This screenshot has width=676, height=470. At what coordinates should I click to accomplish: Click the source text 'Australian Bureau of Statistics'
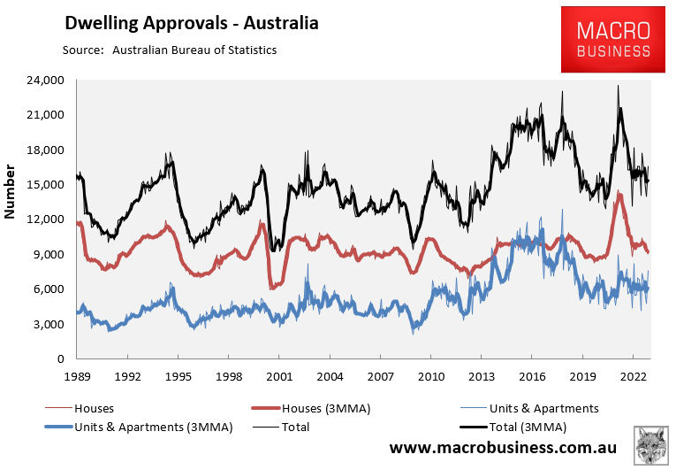click(x=194, y=50)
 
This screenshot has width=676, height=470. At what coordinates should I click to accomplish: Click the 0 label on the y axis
click(x=61, y=358)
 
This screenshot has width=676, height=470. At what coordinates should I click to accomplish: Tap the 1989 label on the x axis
click(x=77, y=374)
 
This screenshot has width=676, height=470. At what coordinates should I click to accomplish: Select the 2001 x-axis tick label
click(x=279, y=374)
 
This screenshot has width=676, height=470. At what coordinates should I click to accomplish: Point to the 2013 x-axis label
click(x=482, y=374)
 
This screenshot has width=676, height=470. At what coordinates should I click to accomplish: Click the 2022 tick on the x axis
click(x=634, y=374)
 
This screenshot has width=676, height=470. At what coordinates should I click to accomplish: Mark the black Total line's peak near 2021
click(x=619, y=87)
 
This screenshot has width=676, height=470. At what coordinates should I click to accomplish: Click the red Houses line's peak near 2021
click(x=620, y=194)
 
